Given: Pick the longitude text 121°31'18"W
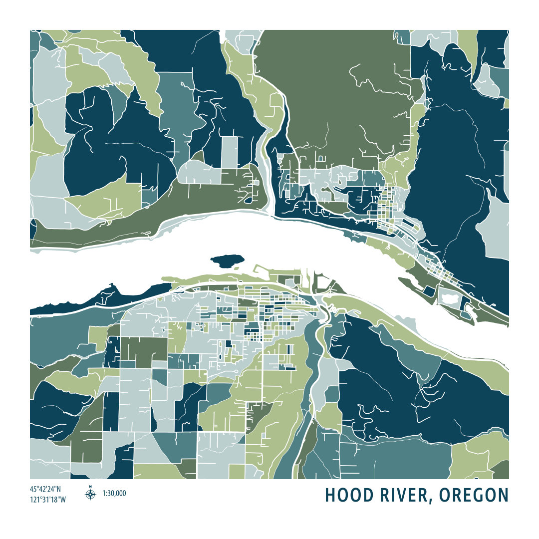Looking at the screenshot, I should [48, 499].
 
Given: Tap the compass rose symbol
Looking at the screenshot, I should [90, 495].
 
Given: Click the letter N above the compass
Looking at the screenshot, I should [90, 487].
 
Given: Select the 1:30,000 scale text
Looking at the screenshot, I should [114, 494].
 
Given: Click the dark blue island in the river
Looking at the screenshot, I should [227, 260].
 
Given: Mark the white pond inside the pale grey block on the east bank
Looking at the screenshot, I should [453, 298].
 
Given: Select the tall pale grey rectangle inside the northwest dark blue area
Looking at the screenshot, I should [230, 152].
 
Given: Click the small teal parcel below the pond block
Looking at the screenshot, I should [466, 314].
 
